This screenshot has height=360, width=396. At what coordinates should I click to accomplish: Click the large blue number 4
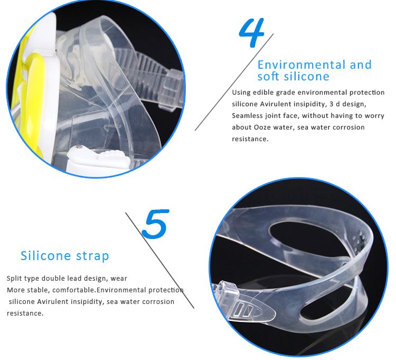(x=252, y=32)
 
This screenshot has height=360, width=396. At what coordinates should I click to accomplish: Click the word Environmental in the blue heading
(x=301, y=64)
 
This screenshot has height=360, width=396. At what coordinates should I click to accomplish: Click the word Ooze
(x=262, y=127)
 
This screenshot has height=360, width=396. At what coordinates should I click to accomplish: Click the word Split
(x=14, y=279)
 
